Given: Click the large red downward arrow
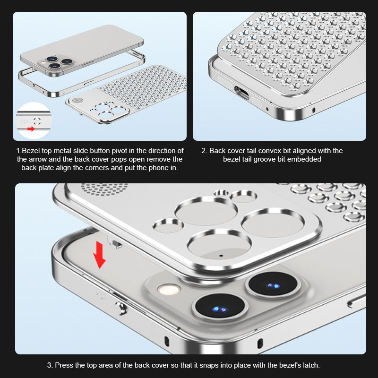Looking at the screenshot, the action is point(99,255).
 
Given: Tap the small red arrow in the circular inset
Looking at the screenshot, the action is point(31,129).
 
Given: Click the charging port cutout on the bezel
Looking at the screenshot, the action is point(241,93).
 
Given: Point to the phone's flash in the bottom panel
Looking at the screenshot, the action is point(169,289).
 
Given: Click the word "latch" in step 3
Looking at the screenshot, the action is point(310,365).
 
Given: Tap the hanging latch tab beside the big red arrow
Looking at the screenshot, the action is point(115,243).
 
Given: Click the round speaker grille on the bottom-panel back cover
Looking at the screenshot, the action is point(104,189).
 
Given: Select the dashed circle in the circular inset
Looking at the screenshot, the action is point(37,121).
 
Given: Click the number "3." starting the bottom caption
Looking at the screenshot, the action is point(50,365).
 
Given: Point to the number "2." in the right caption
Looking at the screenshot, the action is point(204,151).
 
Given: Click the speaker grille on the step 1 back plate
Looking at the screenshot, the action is point(76,100).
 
